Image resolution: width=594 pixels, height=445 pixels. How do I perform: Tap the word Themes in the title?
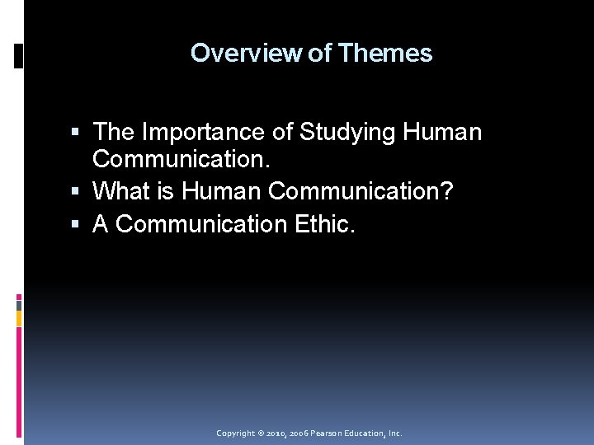[x=384, y=53]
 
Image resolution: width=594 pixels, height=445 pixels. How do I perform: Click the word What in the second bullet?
[x=121, y=191]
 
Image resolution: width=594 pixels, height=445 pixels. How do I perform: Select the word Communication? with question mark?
[x=361, y=191]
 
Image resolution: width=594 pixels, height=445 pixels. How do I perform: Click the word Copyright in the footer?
[x=235, y=433]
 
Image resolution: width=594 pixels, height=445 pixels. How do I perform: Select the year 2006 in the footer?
[x=302, y=433]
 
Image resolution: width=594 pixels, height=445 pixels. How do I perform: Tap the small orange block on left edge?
[x=18, y=318]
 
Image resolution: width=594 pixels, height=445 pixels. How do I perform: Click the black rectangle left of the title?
[x=18, y=55]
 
